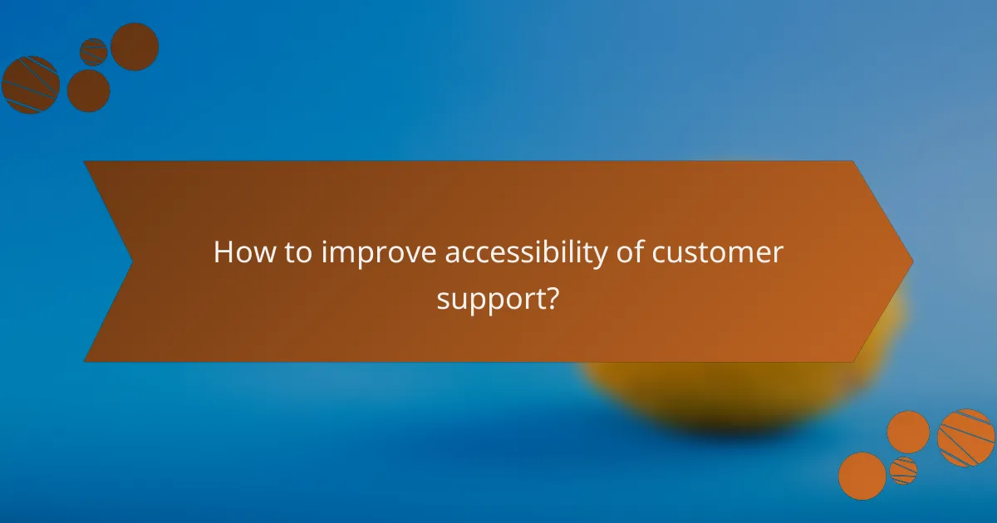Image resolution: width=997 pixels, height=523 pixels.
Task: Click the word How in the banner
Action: click(241, 252)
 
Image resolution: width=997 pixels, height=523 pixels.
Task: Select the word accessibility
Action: click(526, 252)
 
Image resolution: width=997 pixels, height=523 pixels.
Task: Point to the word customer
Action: click(717, 252)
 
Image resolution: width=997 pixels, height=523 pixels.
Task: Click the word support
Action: click(490, 297)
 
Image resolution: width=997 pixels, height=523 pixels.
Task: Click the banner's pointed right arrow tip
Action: click(911, 261)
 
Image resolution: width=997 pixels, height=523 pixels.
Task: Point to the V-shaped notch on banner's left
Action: click(131, 261)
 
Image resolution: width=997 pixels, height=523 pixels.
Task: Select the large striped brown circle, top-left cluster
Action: click(30, 85)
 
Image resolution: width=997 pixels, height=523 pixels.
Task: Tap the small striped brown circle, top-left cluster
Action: click(94, 51)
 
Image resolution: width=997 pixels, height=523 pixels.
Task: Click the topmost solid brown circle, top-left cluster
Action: click(135, 46)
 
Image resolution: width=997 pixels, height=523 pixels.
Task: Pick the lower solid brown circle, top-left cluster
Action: click(89, 90)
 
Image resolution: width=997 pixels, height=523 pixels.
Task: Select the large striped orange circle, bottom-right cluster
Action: click(966, 437)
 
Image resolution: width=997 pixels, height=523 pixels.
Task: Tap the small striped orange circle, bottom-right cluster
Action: click(903, 471)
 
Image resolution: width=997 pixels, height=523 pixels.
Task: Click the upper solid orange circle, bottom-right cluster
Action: click(908, 433)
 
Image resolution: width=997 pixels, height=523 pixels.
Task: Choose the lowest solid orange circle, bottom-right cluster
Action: click(862, 476)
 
